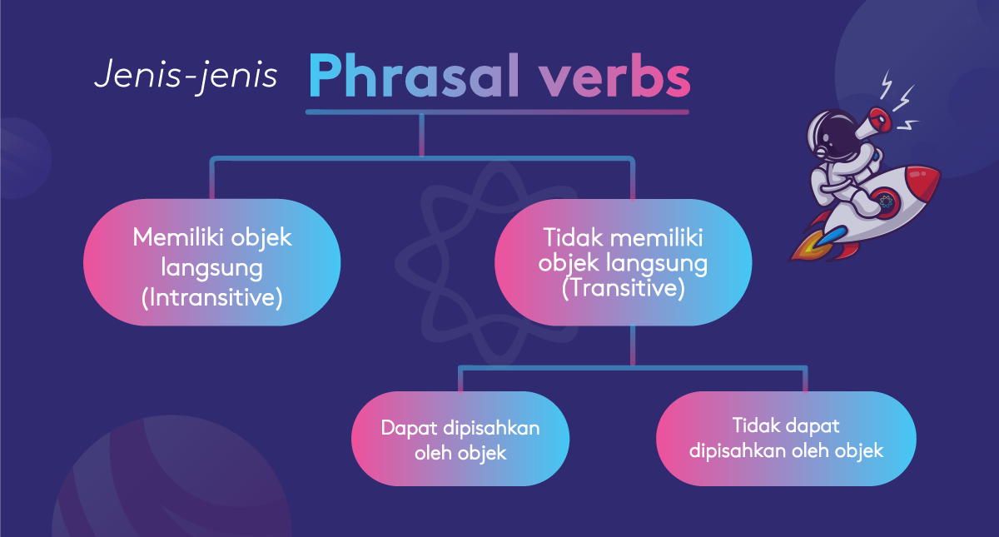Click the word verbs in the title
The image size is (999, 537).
pos(614,77)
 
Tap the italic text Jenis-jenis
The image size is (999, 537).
pos(185,75)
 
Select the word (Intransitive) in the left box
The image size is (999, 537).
pos(212,296)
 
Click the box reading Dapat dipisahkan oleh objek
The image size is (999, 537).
pos(460,439)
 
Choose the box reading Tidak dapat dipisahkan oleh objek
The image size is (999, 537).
pos(786,439)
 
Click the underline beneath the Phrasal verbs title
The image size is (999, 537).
pos(497,111)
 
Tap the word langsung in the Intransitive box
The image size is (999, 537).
pos(212,267)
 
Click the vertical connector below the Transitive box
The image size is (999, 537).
pos(633,346)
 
